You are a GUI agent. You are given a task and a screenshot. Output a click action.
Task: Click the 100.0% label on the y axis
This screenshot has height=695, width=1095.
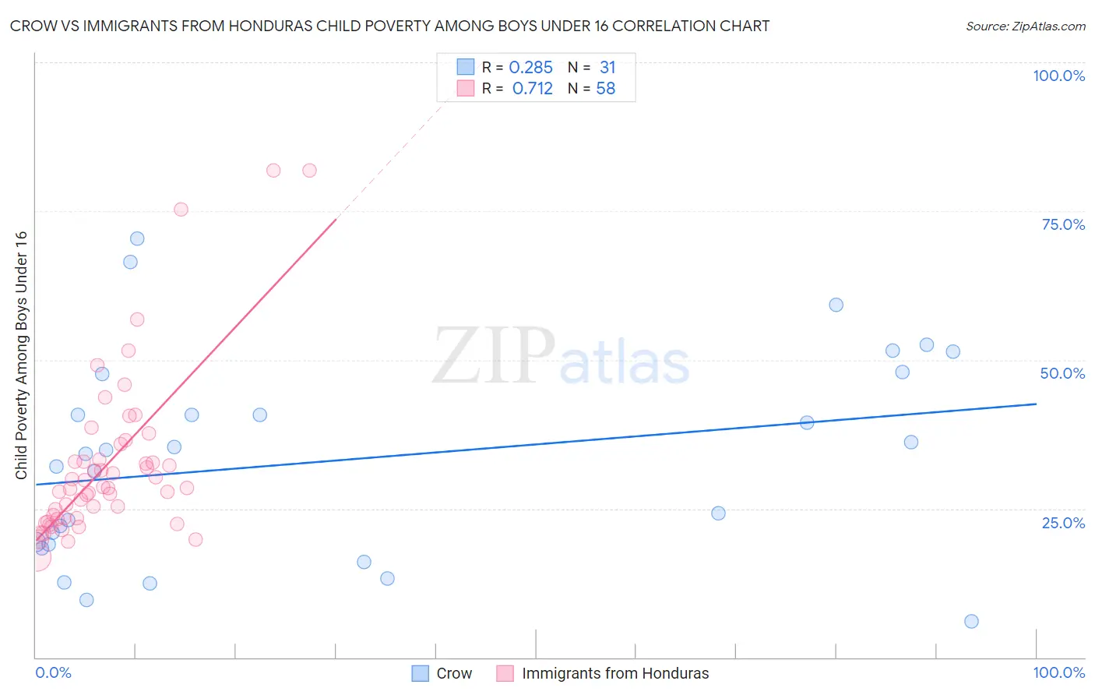(1058, 76)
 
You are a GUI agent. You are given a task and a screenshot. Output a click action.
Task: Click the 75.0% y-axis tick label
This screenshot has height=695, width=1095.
(1063, 224)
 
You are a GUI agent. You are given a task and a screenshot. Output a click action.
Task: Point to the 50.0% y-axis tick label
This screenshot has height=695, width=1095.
(1062, 373)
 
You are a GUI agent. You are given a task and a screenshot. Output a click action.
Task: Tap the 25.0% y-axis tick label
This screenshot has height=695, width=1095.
(1063, 522)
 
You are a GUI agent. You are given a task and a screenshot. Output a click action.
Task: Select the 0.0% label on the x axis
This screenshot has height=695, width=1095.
(53, 672)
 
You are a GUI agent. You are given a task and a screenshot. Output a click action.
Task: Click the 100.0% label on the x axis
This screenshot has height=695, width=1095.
(1058, 672)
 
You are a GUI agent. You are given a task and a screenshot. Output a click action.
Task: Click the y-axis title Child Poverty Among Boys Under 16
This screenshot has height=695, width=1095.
(21, 355)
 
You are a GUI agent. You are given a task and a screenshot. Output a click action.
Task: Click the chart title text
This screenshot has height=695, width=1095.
(389, 26)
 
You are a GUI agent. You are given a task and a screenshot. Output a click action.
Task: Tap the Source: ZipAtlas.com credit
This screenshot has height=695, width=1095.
(1025, 26)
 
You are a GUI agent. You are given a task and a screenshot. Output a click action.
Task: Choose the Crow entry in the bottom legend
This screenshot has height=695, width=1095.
(453, 673)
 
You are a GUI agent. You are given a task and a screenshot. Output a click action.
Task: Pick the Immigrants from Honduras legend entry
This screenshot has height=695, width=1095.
(615, 673)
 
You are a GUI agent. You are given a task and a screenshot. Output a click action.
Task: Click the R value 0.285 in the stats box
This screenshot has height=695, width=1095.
(530, 68)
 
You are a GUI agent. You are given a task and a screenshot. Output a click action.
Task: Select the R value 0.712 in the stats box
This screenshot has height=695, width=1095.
(532, 89)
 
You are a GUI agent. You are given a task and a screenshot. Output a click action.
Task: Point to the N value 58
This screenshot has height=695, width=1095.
(605, 89)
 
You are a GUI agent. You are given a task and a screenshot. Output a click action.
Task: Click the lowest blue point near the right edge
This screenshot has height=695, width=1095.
(971, 621)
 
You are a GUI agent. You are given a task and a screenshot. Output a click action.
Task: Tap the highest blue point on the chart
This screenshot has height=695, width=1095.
(137, 238)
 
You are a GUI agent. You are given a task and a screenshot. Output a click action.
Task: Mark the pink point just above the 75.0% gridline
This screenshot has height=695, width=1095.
(181, 209)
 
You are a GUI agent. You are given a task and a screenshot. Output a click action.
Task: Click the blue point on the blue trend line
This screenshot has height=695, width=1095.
(807, 422)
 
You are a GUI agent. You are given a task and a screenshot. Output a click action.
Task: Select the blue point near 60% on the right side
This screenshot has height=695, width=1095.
(836, 305)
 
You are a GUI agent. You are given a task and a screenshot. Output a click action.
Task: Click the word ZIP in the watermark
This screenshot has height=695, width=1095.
(494, 356)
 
